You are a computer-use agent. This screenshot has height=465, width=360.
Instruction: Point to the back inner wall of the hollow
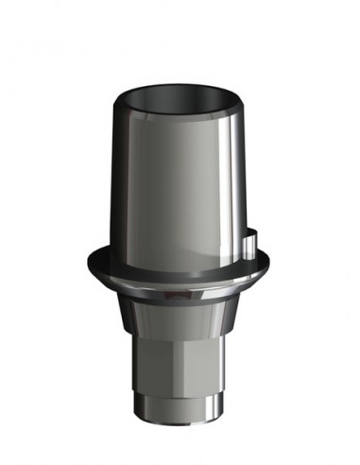point(179,92)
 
